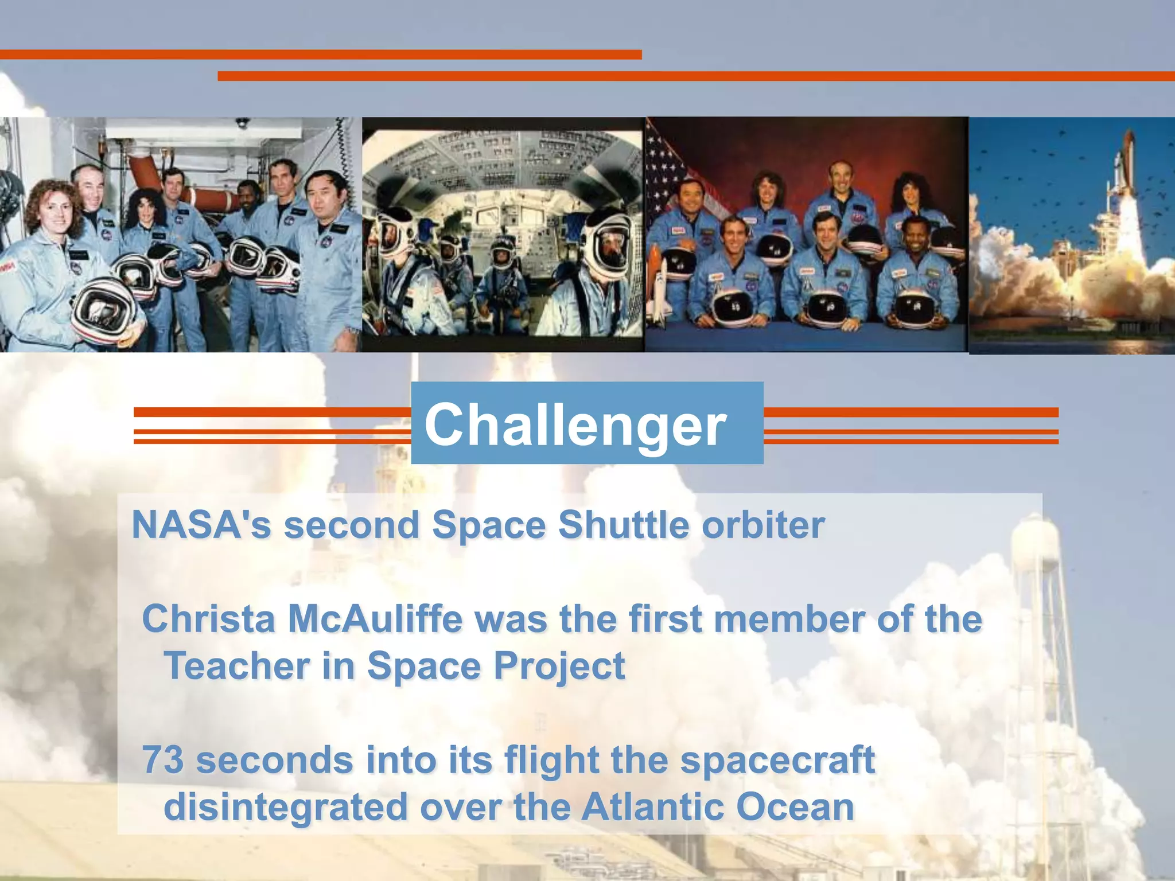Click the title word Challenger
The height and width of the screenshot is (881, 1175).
[x=575, y=424]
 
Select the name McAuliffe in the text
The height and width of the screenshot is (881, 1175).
[x=375, y=619]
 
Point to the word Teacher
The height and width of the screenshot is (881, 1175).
[x=237, y=666]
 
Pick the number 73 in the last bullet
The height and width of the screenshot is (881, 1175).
[x=163, y=761]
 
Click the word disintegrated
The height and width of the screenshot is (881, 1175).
[x=286, y=807]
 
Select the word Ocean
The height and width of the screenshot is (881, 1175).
[x=795, y=807]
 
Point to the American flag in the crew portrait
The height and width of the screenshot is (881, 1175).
[x=668, y=172]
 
